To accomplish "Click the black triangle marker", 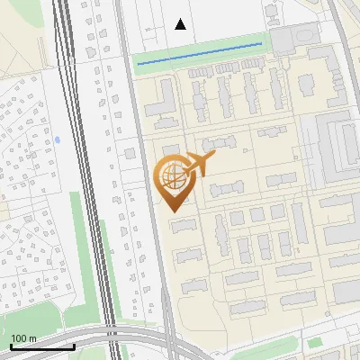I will coord(181,24).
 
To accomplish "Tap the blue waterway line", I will coord(198,52).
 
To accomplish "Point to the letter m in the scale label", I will coord(32,338).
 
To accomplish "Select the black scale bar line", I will coord(42,346).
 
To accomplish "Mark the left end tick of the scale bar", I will coord(11,345).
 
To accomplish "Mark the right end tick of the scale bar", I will coord(74,345).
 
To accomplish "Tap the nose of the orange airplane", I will coord(213,157).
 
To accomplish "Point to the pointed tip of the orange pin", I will coord(172,211).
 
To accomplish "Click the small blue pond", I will coord(58,140).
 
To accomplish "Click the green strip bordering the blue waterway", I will coord(198,60).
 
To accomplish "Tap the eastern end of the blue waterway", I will coord(261,43).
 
